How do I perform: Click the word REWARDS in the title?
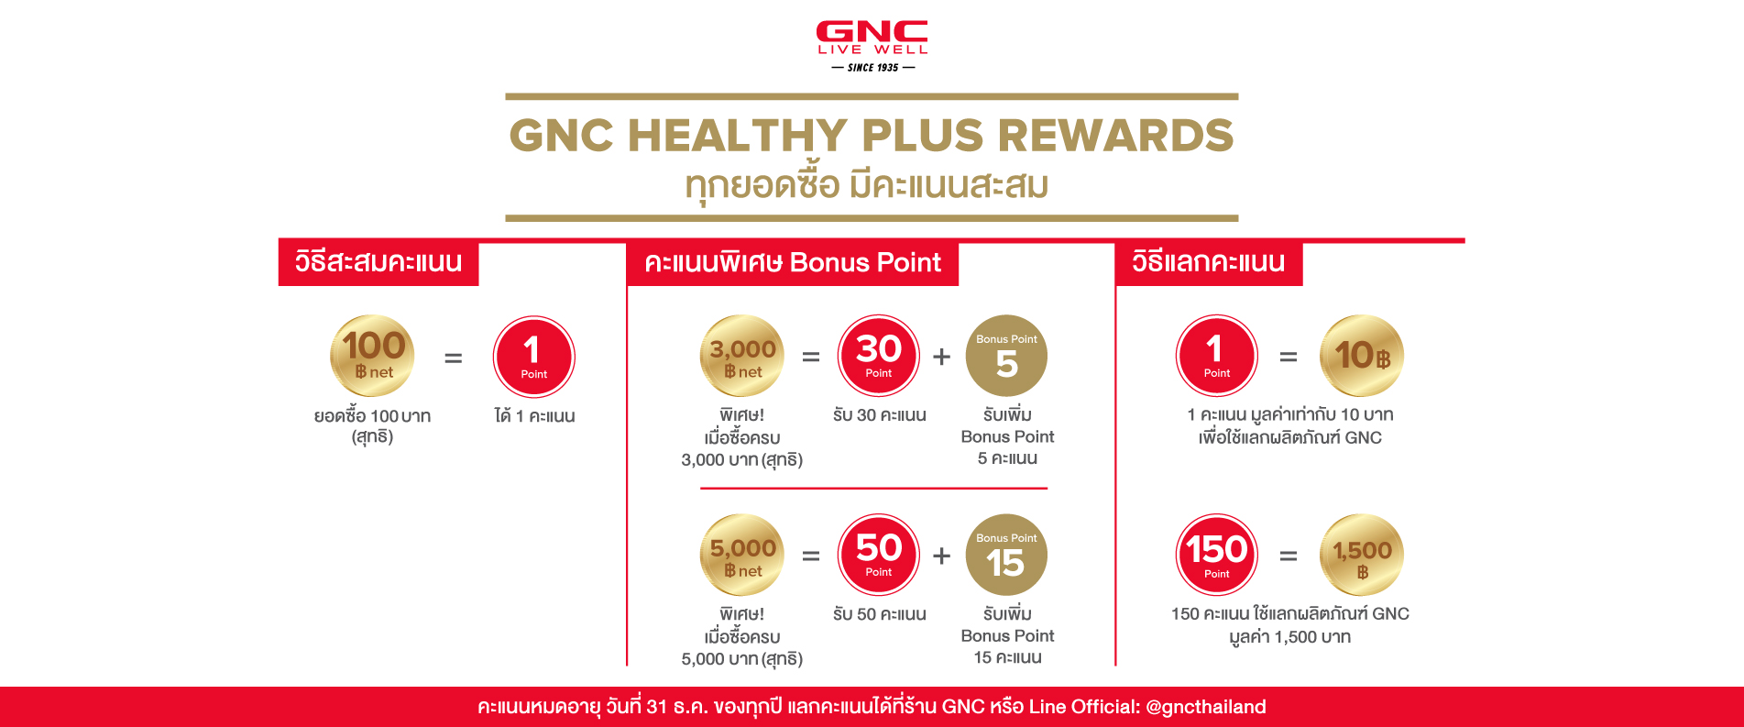pyautogui.click(x=1115, y=136)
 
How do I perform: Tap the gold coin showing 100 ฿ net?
pyautogui.click(x=373, y=356)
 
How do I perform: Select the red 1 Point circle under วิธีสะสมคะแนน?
pyautogui.click(x=533, y=357)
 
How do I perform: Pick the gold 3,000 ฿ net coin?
pyautogui.click(x=742, y=356)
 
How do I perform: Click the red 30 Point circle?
pyautogui.click(x=878, y=356)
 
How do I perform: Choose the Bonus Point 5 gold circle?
pyautogui.click(x=1006, y=356)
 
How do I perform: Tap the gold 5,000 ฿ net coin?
pyautogui.click(x=742, y=555)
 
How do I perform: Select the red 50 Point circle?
pyautogui.click(x=878, y=555)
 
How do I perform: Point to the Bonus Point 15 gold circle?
pyautogui.click(x=1006, y=555)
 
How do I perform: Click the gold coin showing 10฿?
pyautogui.click(x=1362, y=356)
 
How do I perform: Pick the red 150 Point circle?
pyautogui.click(x=1216, y=555)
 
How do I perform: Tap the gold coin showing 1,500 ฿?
pyautogui.click(x=1362, y=555)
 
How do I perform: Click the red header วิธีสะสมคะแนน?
pyautogui.click(x=378, y=263)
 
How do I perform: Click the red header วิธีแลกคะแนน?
pyautogui.click(x=1208, y=263)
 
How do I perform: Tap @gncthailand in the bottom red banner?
pyautogui.click(x=1205, y=707)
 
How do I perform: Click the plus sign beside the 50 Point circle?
pyautogui.click(x=941, y=556)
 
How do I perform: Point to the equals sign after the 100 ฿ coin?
pyautogui.click(x=453, y=358)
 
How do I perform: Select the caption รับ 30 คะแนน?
pyautogui.click(x=879, y=415)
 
